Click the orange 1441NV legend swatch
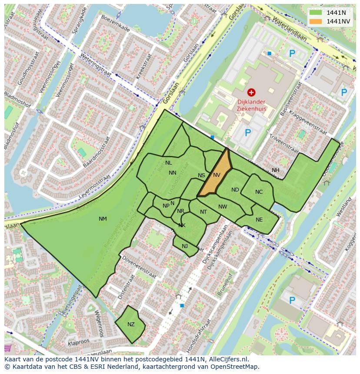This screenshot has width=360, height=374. (x=316, y=21)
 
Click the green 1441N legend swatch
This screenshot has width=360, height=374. (x=316, y=13)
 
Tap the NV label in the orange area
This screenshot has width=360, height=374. (x=217, y=175)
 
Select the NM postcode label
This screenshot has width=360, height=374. (x=103, y=219)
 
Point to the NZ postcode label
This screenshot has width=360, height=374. (x=131, y=324)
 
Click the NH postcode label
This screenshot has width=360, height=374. (x=276, y=170)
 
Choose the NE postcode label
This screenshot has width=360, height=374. (x=259, y=220)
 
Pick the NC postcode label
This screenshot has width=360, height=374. (x=259, y=192)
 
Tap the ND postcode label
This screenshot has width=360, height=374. (x=235, y=190)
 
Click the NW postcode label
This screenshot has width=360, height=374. (x=223, y=207)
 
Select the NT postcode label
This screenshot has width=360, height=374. (x=203, y=212)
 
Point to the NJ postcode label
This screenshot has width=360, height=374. (x=185, y=246)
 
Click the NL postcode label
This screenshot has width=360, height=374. (x=169, y=163)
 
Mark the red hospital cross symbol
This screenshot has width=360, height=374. (x=251, y=92)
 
